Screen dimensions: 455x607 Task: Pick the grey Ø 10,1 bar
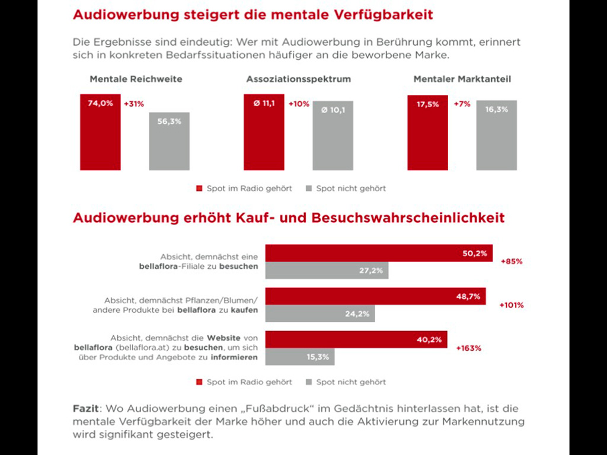point(333,136)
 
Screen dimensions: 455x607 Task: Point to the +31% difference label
point(133,104)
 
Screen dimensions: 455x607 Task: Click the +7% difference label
point(462,104)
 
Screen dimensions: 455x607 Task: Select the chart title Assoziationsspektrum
point(299,79)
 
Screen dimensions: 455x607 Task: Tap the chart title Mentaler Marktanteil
point(462,79)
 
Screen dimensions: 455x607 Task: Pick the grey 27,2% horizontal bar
point(327,271)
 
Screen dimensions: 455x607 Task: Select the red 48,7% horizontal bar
point(375,296)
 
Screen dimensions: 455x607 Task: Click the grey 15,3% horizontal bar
point(299,357)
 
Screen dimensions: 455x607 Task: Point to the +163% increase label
point(468,348)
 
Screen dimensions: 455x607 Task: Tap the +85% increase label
point(511,261)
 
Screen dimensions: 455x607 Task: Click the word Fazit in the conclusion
point(85,409)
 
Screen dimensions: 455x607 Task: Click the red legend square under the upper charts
point(199,188)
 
